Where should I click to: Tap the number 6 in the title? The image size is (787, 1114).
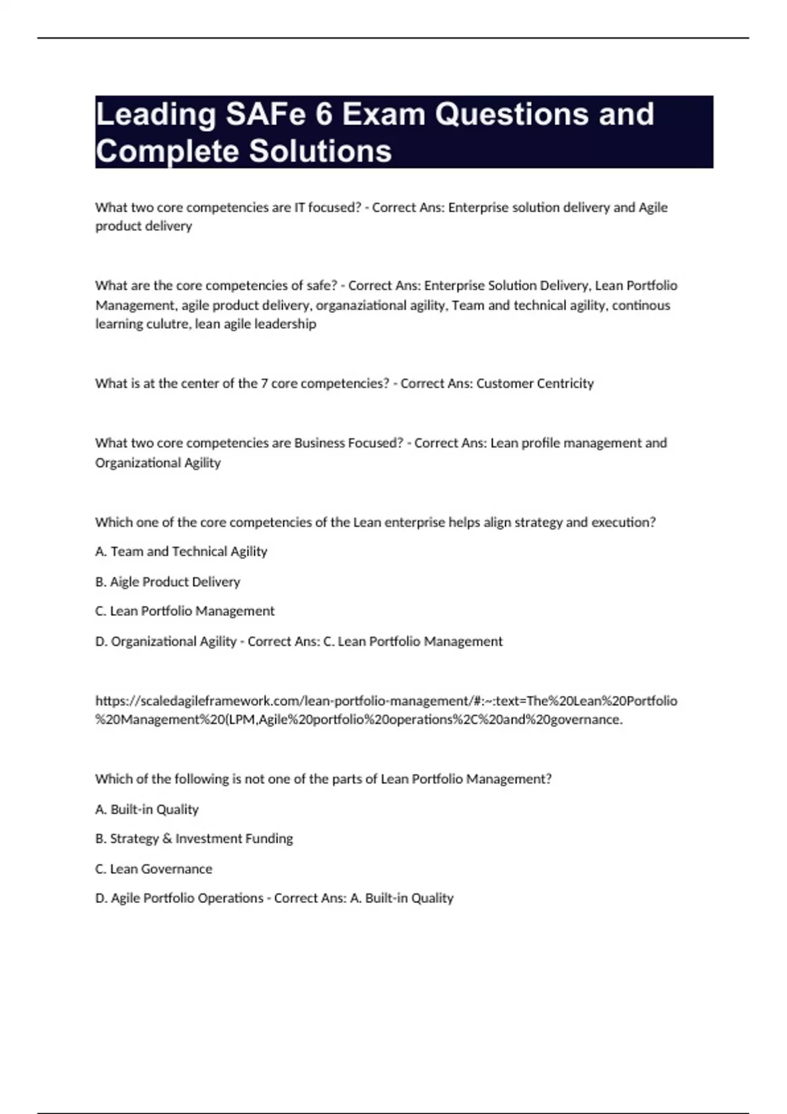click(323, 115)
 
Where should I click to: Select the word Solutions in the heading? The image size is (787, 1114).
click(320, 151)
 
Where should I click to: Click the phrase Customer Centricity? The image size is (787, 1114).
click(535, 383)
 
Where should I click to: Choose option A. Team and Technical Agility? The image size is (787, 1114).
click(181, 552)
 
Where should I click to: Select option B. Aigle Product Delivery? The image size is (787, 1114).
click(168, 582)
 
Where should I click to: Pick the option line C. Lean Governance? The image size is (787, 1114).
click(153, 869)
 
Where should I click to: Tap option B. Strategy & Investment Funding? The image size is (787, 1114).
click(194, 839)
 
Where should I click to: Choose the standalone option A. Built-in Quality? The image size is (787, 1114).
click(147, 809)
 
